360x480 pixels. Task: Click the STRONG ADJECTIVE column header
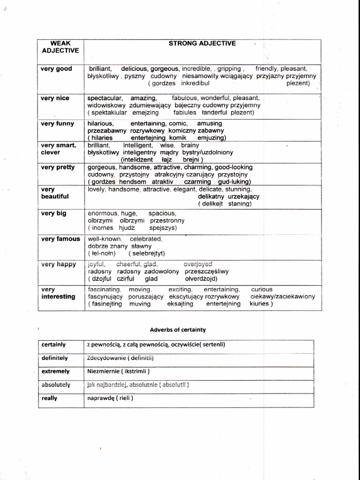coord(202,44)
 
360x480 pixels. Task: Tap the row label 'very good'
coord(56,69)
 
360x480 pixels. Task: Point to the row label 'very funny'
coord(58,124)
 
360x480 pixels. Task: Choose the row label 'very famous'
coord(60,239)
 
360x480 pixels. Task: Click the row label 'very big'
coord(53,213)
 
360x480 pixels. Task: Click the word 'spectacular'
coord(105,98)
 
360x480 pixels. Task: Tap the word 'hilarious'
coord(100,123)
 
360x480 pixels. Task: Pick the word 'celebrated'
coord(146,239)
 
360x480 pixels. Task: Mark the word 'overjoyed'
coord(198,264)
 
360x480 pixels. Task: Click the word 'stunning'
coord(239,189)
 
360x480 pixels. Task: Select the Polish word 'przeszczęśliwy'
coord(207,271)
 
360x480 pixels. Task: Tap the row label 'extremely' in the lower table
coord(55,371)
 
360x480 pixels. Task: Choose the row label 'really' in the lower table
coord(49,398)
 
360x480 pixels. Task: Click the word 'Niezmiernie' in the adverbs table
coord(103,371)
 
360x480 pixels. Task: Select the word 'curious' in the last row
coord(262,289)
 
